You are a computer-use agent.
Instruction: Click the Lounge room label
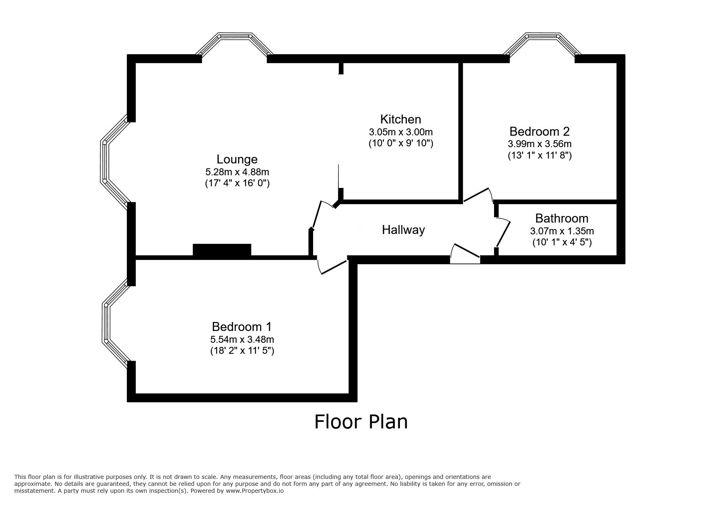point(237,159)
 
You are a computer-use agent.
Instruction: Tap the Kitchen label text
point(400,119)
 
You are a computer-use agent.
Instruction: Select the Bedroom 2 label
point(539,132)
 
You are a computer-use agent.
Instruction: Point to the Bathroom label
point(561,218)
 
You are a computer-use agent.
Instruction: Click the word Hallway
point(403,230)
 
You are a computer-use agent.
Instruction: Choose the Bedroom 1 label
point(242,326)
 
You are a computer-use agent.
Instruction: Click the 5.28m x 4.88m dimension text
point(237,172)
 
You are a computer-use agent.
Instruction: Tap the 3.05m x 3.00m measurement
point(400,132)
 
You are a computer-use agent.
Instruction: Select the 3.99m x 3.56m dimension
point(539,144)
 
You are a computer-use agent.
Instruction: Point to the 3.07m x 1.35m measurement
point(561,231)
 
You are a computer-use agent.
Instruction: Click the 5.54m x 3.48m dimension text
point(242,339)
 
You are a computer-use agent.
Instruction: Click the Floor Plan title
point(361,421)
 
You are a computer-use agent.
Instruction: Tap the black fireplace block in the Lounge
point(222,250)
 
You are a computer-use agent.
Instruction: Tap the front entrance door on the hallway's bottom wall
point(465,254)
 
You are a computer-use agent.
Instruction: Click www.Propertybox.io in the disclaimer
point(255,491)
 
